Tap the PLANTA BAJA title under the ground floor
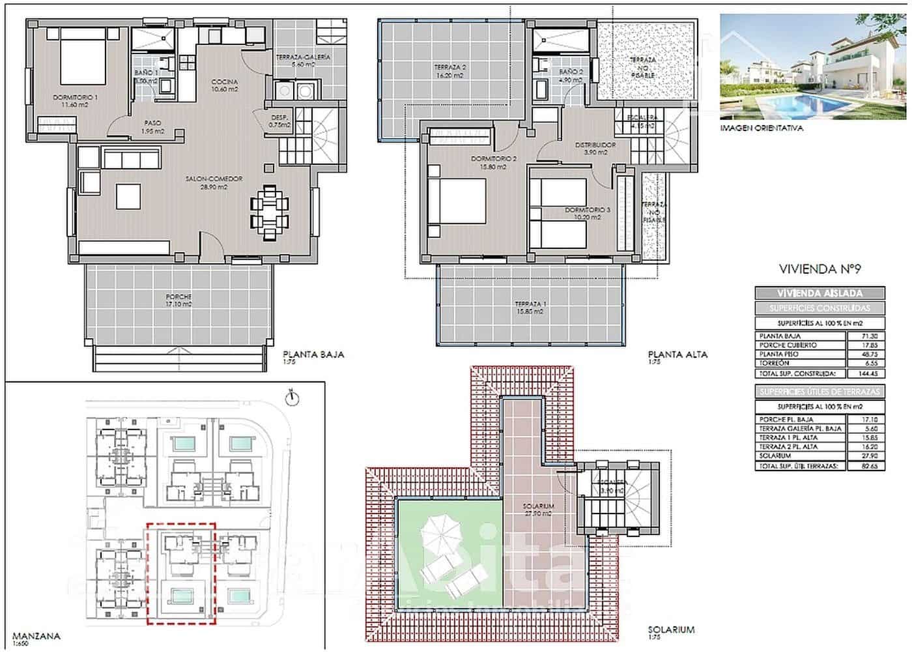coord(313,355)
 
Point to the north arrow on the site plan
coord(292,396)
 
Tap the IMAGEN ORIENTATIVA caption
coord(762,128)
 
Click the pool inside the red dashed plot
coord(179,595)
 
